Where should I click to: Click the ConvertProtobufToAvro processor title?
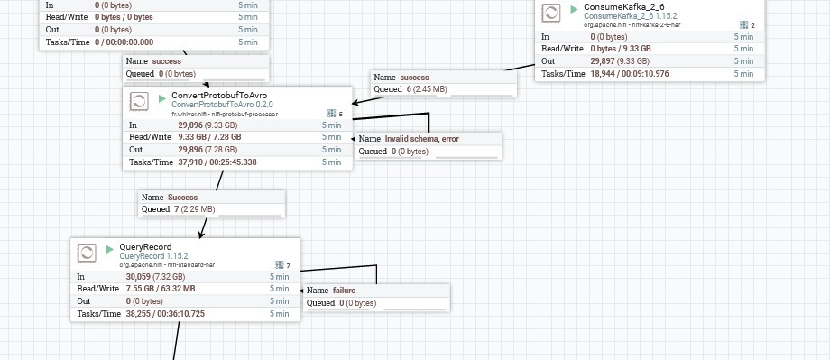[x=219, y=96]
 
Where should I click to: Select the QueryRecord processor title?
[x=145, y=246]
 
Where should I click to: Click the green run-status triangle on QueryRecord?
[x=110, y=249]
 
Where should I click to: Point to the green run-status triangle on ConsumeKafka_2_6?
[x=575, y=9]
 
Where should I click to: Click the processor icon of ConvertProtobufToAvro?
[x=139, y=101]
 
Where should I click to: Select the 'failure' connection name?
[x=344, y=291]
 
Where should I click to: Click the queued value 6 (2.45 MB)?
[x=427, y=89]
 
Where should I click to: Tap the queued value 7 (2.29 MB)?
[x=195, y=209]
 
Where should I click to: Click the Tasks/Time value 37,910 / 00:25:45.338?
[x=217, y=162]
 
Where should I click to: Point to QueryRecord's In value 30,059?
[x=138, y=276]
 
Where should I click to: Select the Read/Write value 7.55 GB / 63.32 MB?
[x=161, y=289]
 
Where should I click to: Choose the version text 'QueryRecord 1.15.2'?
[x=153, y=256]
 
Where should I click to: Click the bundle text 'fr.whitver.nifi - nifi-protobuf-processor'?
[x=225, y=114]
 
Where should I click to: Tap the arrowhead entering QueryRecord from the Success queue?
[x=201, y=235]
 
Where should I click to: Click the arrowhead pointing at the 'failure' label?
[x=301, y=291]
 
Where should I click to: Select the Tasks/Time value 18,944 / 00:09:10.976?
[x=630, y=74]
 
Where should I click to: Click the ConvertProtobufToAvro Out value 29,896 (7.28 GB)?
[x=207, y=149]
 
